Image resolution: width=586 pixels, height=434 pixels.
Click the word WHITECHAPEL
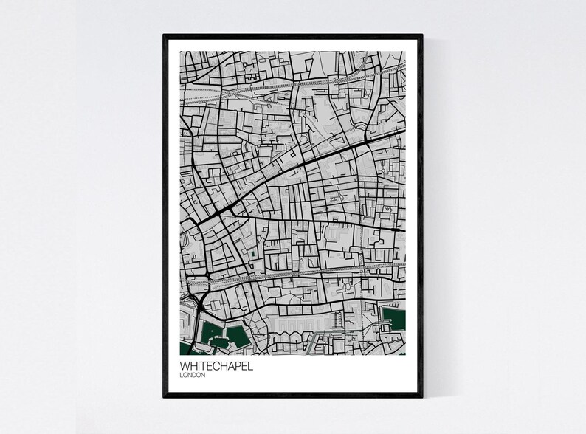click(216, 365)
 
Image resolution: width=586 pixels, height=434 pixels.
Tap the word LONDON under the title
click(193, 375)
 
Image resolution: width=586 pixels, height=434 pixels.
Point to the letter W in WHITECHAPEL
click(184, 365)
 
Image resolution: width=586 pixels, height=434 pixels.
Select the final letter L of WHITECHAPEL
click(249, 365)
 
